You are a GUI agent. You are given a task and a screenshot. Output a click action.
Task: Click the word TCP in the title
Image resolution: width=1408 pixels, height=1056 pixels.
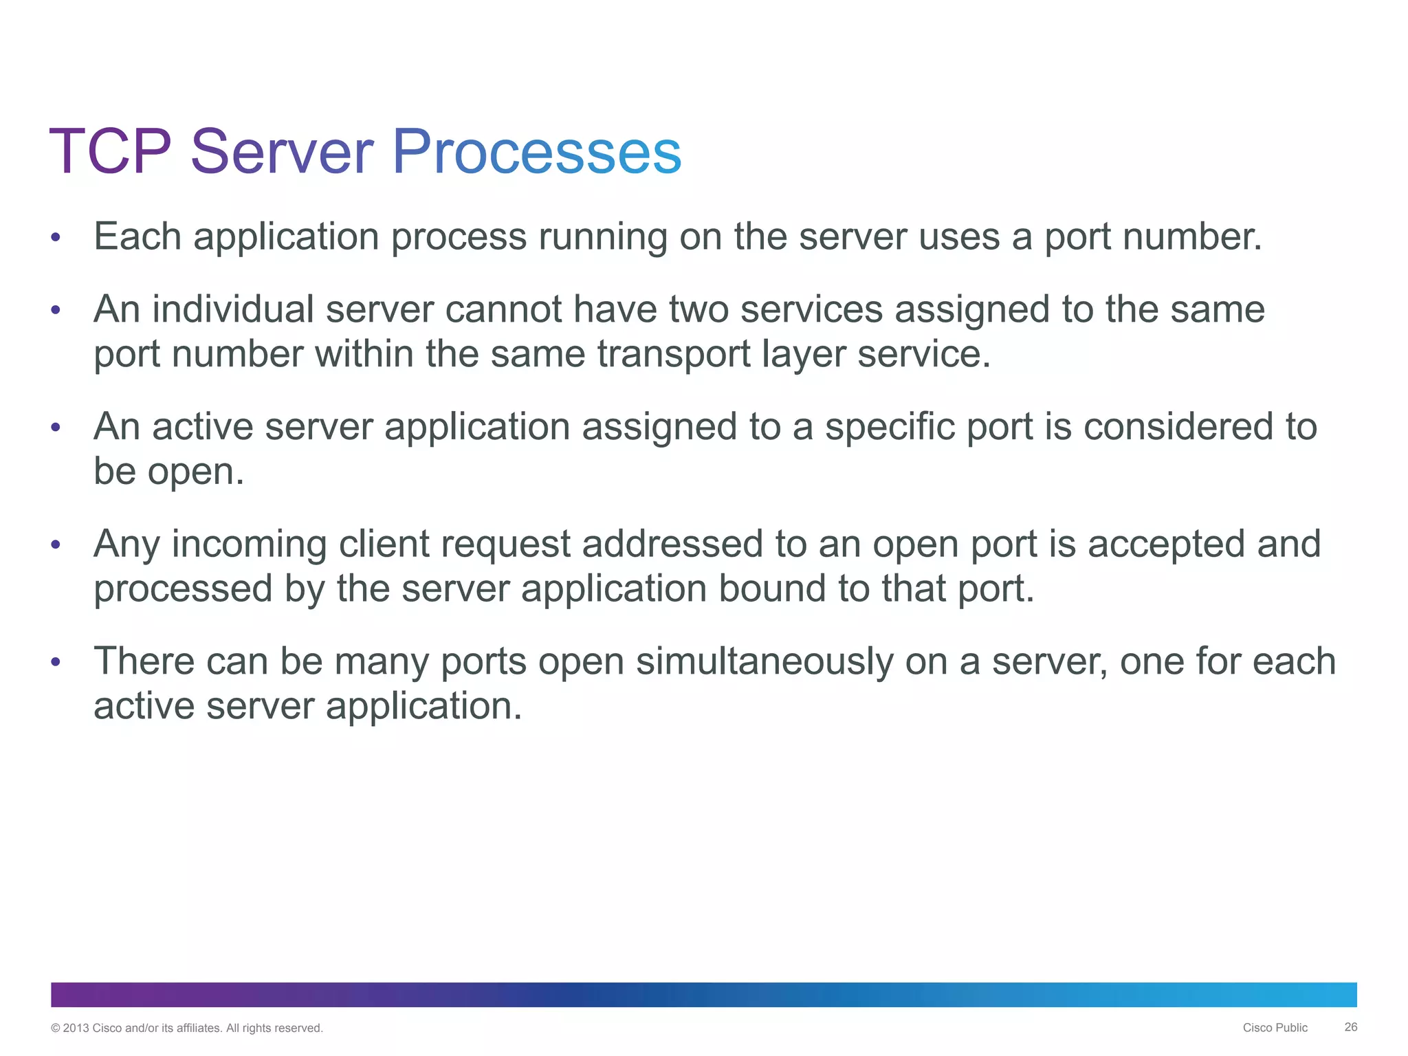pyautogui.click(x=110, y=152)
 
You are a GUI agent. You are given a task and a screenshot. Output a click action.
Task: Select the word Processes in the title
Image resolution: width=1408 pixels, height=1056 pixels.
pyautogui.click(x=536, y=152)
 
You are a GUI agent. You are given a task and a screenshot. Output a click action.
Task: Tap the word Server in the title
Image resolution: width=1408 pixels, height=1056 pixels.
pyautogui.click(x=282, y=152)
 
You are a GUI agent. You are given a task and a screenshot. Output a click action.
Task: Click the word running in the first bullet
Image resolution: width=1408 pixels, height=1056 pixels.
pyautogui.click(x=602, y=238)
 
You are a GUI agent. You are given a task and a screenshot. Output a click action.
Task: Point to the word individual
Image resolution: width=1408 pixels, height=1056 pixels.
pyautogui.click(x=233, y=309)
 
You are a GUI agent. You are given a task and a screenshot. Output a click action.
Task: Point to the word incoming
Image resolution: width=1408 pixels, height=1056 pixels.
pyautogui.click(x=249, y=545)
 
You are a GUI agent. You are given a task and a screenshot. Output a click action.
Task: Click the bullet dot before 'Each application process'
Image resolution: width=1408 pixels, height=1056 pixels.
pyautogui.click(x=56, y=238)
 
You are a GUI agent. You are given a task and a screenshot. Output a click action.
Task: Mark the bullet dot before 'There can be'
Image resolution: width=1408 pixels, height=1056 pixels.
pyautogui.click(x=56, y=662)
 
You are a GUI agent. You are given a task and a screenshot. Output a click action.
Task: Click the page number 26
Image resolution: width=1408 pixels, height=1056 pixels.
pyautogui.click(x=1350, y=1027)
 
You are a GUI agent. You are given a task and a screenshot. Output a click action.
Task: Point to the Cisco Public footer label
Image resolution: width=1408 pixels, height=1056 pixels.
pyautogui.click(x=1275, y=1028)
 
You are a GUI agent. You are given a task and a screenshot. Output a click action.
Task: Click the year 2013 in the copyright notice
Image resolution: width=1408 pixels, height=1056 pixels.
pyautogui.click(x=76, y=1028)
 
